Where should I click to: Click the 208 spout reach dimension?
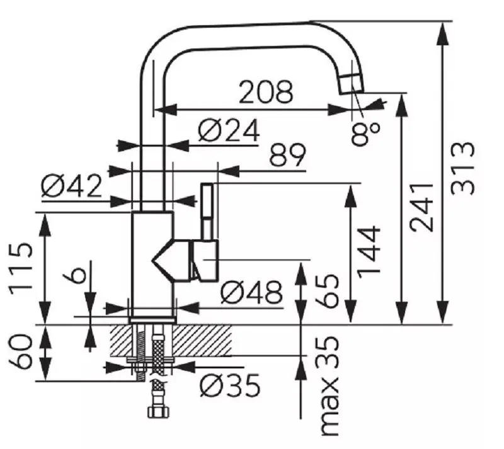(x=266, y=92)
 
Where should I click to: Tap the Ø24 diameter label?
(x=229, y=130)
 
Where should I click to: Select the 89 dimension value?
(x=287, y=154)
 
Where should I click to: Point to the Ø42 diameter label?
(x=71, y=186)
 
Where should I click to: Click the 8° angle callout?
(x=365, y=134)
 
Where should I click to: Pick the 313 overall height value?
(x=462, y=168)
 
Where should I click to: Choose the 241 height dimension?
(x=421, y=208)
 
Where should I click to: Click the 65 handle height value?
(x=326, y=291)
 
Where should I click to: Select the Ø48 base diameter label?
(x=251, y=292)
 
